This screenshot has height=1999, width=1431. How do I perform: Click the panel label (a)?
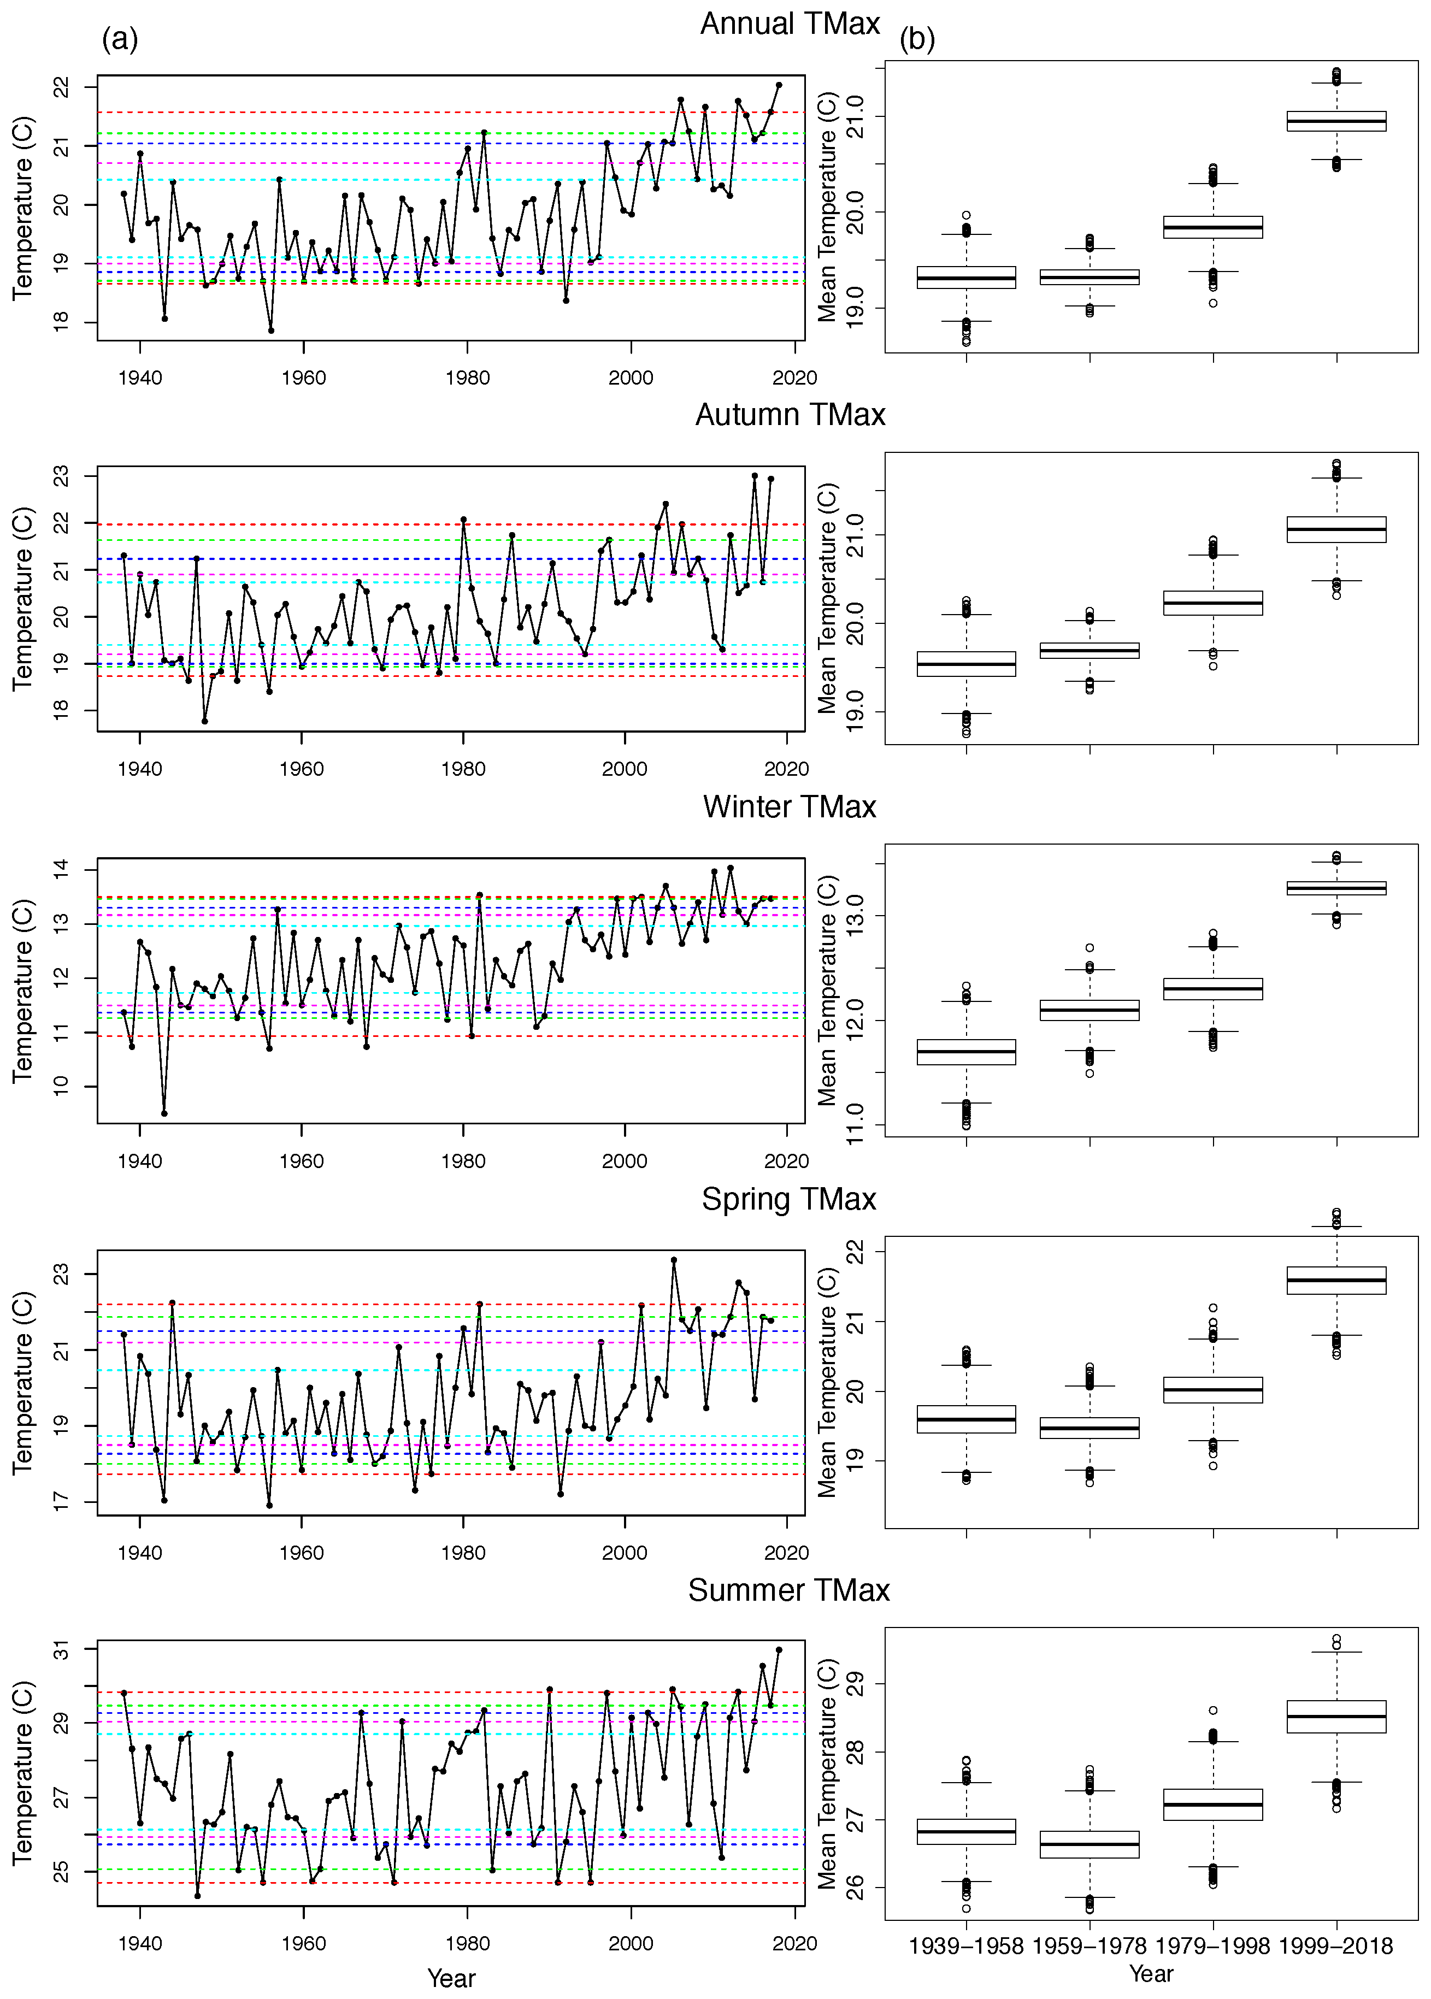pos(120,40)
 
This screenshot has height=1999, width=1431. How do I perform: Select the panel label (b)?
pos(917,40)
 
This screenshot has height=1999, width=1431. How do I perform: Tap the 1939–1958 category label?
pos(966,1946)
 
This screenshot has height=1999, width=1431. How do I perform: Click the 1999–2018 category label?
pos(1336,1946)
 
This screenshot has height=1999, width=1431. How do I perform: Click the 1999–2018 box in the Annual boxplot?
pos(1336,121)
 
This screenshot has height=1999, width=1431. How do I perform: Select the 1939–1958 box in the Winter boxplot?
pos(966,1052)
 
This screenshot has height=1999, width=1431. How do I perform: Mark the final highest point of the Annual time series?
pos(779,85)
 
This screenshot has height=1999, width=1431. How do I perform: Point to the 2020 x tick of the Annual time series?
pos(795,378)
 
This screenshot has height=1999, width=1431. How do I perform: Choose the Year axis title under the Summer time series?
pos(451,1978)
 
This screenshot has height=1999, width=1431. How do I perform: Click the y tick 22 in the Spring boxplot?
pos(854,1251)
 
